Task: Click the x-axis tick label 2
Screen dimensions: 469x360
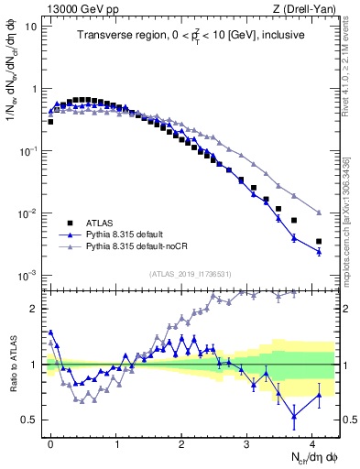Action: pyautogui.click(x=181, y=442)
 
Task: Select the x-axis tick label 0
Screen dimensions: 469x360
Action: pyautogui.click(x=51, y=442)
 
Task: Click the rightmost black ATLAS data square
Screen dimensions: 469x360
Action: pyautogui.click(x=319, y=242)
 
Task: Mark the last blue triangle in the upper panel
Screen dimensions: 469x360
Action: pyautogui.click(x=319, y=251)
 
